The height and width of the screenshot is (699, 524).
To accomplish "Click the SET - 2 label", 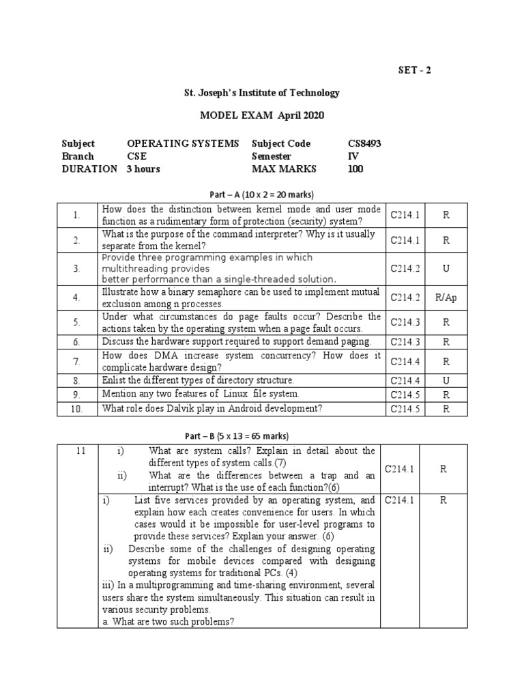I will tap(414, 70).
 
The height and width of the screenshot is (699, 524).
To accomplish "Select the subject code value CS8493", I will tap(364, 143).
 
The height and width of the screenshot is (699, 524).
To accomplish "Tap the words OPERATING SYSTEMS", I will tap(183, 143).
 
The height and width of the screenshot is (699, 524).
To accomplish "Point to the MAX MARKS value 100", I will tap(355, 169).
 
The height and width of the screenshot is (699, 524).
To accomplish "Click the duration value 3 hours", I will tap(143, 169).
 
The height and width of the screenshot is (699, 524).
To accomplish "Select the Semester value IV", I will tap(353, 156).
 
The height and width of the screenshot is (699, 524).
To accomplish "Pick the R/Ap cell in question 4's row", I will tap(446, 297).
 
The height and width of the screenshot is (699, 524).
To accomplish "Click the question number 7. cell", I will tap(76, 361).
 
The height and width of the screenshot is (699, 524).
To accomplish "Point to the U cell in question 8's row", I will tap(446, 380).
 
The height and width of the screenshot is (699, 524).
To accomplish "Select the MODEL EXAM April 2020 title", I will tap(262, 115).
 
